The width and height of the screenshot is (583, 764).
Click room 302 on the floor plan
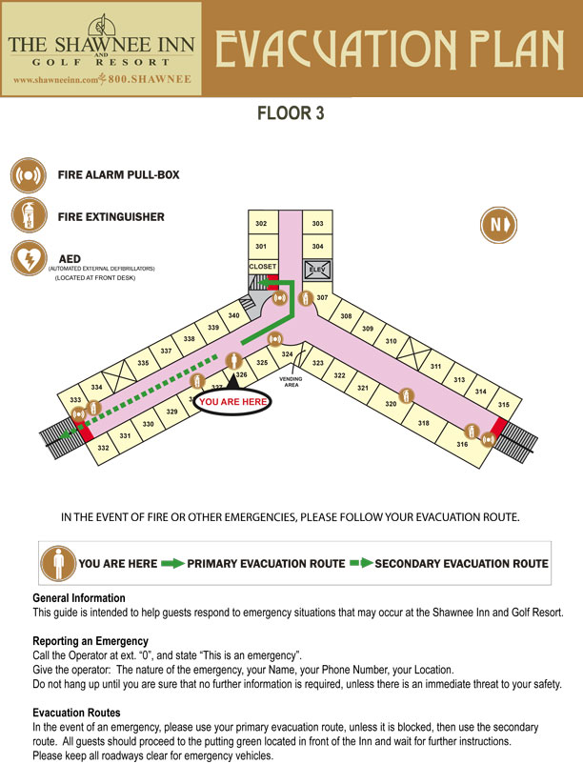click(261, 223)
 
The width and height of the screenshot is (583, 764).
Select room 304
click(317, 247)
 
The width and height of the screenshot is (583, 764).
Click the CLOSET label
click(262, 267)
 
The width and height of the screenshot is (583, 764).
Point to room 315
click(504, 405)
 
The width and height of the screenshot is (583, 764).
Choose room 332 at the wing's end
click(103, 447)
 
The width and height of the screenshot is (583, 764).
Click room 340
click(233, 316)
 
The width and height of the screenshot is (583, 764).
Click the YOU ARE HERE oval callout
click(231, 403)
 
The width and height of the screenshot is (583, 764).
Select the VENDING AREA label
click(291, 382)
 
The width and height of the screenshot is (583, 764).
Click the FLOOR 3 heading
click(291, 114)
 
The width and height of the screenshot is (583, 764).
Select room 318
click(424, 423)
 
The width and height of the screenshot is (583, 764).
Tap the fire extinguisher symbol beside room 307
click(306, 297)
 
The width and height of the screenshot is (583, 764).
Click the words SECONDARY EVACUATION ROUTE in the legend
click(461, 564)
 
